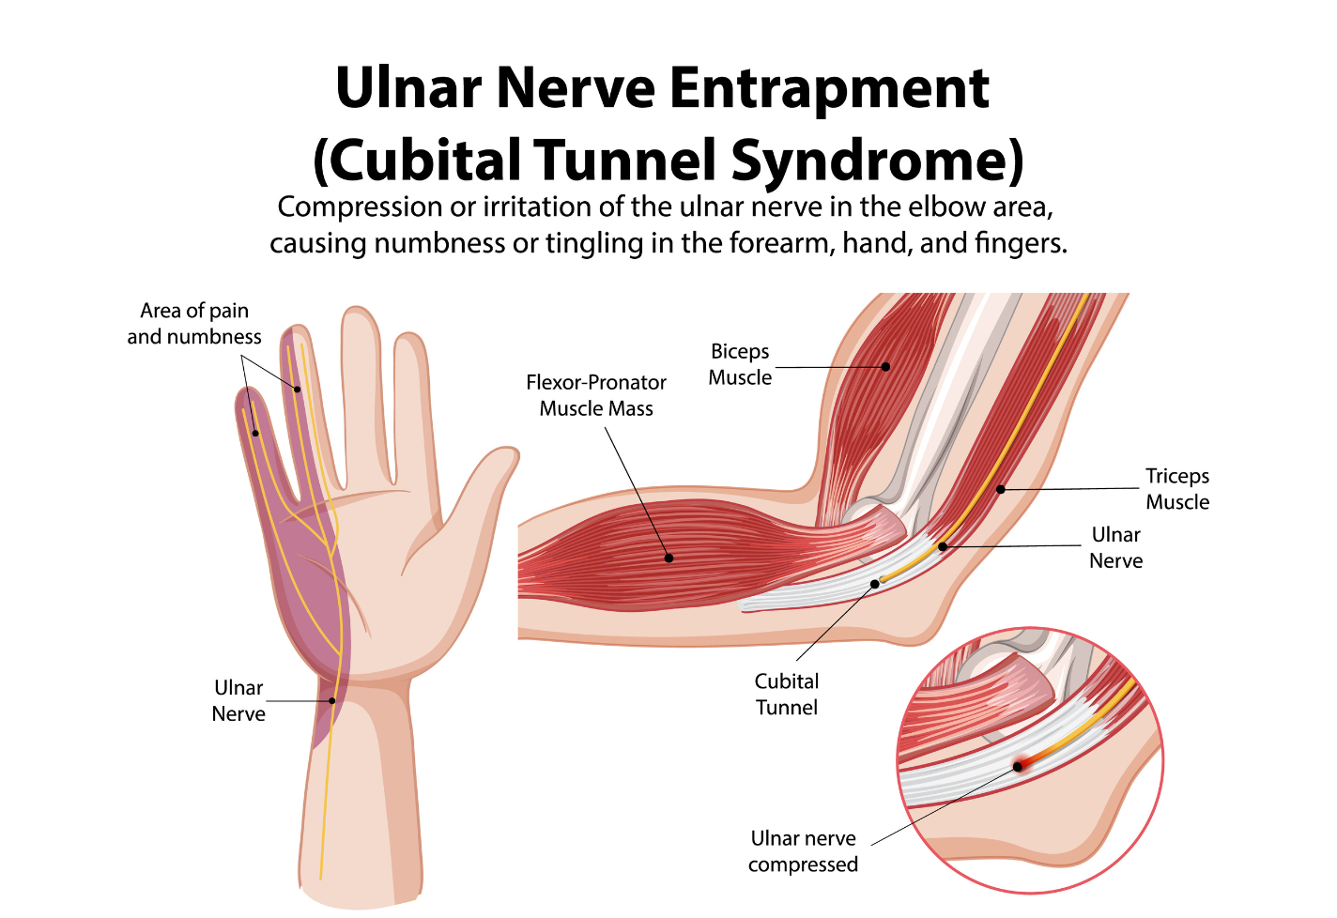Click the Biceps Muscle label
pyautogui.click(x=740, y=364)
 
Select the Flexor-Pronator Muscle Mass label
pyautogui.click(x=596, y=395)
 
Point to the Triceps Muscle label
pyautogui.click(x=1177, y=489)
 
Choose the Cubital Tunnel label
pyautogui.click(x=787, y=695)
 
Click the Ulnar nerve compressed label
pyautogui.click(x=803, y=851)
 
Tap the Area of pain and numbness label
pyautogui.click(x=194, y=324)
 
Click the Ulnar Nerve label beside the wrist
pyautogui.click(x=238, y=701)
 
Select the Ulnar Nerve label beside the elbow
pyautogui.click(x=1115, y=547)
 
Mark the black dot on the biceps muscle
pyautogui.click(x=886, y=367)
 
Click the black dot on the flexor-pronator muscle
pyautogui.click(x=669, y=558)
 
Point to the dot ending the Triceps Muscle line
pyautogui.click(x=1001, y=489)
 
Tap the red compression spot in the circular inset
pyautogui.click(x=1019, y=766)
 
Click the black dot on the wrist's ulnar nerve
pyautogui.click(x=331, y=700)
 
